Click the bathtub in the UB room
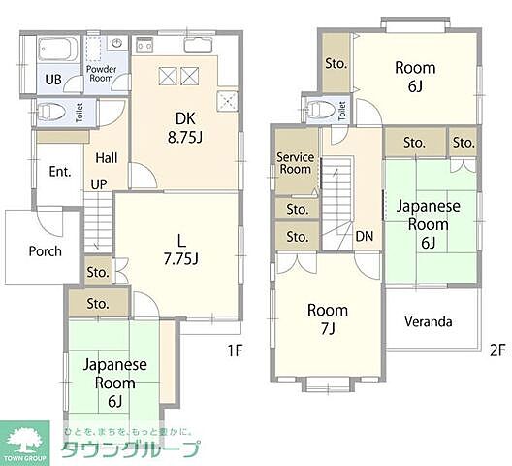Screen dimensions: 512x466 (58, 50)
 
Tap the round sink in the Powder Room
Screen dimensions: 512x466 (117, 43)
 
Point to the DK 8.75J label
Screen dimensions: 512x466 (185, 128)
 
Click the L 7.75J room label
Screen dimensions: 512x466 (181, 250)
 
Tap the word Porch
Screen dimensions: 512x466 (45, 251)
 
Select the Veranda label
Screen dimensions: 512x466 (429, 321)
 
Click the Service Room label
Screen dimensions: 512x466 (295, 163)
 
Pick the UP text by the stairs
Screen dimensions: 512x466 (99, 184)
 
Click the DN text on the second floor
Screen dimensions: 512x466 (365, 236)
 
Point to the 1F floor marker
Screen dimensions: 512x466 (235, 350)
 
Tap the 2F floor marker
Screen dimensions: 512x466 (497, 350)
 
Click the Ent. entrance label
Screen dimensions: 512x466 (60, 172)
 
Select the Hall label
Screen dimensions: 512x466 (107, 158)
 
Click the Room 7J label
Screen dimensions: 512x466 (328, 319)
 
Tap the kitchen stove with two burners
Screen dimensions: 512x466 (144, 44)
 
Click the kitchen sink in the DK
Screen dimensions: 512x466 (198, 45)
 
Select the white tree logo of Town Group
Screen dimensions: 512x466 (24, 440)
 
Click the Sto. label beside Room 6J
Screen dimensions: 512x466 (336, 63)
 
